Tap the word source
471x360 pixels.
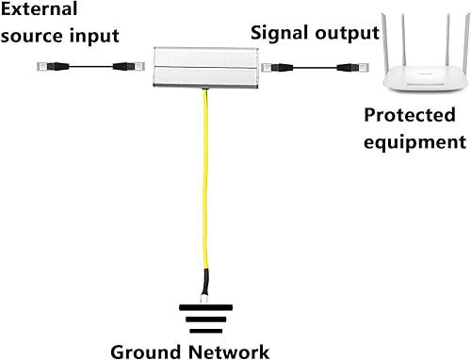click(x=35, y=38)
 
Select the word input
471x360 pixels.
click(x=97, y=38)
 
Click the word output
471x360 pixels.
click(x=349, y=34)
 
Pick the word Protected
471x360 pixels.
click(x=412, y=118)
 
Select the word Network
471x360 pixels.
click(x=230, y=351)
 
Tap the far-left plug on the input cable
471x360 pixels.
click(x=45, y=66)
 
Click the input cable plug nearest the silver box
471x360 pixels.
click(x=123, y=67)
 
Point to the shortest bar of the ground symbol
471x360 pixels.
click(x=205, y=331)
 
